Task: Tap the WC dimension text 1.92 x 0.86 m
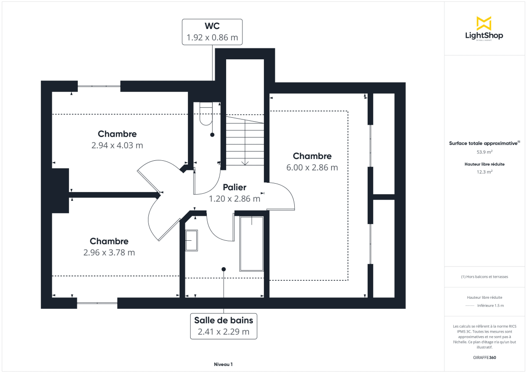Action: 212,38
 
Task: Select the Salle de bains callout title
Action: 224,320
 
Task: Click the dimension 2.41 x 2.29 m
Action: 224,332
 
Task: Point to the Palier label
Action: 234,187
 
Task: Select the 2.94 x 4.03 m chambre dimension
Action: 117,145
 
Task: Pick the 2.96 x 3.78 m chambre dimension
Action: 109,252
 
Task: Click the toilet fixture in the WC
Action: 206,113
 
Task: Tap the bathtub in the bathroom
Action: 251,244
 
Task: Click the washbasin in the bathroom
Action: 191,240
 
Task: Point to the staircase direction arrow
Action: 245,163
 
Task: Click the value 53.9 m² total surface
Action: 484,152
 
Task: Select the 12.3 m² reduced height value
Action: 484,172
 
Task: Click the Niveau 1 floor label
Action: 223,364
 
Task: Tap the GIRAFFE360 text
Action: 484,357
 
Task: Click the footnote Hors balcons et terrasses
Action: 484,277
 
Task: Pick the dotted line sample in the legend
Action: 470,305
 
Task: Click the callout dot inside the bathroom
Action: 224,269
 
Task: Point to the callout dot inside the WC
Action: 212,135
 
